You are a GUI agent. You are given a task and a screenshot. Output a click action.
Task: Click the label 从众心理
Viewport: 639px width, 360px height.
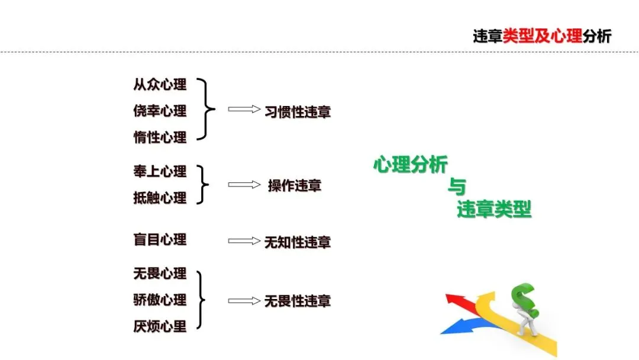point(160,85)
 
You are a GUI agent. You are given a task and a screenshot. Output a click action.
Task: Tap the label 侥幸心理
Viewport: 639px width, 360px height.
point(160,111)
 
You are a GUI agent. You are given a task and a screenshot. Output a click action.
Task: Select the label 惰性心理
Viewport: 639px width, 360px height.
point(160,137)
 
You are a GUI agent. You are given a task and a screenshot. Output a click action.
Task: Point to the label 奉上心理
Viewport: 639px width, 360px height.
point(160,172)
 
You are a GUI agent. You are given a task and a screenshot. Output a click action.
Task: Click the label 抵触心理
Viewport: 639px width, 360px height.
point(160,198)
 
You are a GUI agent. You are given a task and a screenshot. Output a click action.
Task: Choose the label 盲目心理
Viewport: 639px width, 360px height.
point(160,240)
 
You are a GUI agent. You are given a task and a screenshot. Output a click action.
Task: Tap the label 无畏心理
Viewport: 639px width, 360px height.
point(160,274)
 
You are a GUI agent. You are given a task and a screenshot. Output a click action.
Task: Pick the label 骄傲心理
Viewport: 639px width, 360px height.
point(160,300)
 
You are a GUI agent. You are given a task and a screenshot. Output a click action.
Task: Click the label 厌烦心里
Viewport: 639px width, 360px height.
point(160,326)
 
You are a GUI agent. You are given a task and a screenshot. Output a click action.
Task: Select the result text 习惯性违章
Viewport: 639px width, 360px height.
point(297,112)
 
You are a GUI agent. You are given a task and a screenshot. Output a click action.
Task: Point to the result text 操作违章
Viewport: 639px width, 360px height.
point(294,185)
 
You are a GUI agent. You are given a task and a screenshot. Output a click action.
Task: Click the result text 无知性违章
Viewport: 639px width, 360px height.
point(297,242)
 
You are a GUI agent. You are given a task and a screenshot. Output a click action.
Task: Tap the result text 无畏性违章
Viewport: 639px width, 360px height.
point(297,301)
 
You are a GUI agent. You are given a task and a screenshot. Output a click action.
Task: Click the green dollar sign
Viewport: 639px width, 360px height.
point(525,301)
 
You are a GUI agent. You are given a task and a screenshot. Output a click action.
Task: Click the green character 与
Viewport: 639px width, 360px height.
point(456,188)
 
